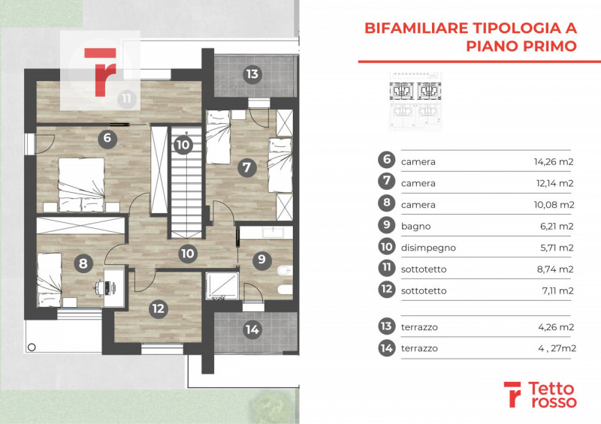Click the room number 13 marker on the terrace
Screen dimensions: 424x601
coord(252,74)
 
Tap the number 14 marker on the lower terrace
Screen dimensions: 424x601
coord(252,329)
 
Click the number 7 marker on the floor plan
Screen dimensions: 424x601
coord(246,167)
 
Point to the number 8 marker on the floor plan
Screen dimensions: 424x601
coord(81,263)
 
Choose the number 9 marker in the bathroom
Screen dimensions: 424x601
coord(261,260)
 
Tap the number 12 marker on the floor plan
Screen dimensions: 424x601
coord(157,306)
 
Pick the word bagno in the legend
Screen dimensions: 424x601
coord(415,225)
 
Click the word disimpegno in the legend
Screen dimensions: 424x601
coord(428,247)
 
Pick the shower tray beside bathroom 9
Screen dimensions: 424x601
coord(222,286)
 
